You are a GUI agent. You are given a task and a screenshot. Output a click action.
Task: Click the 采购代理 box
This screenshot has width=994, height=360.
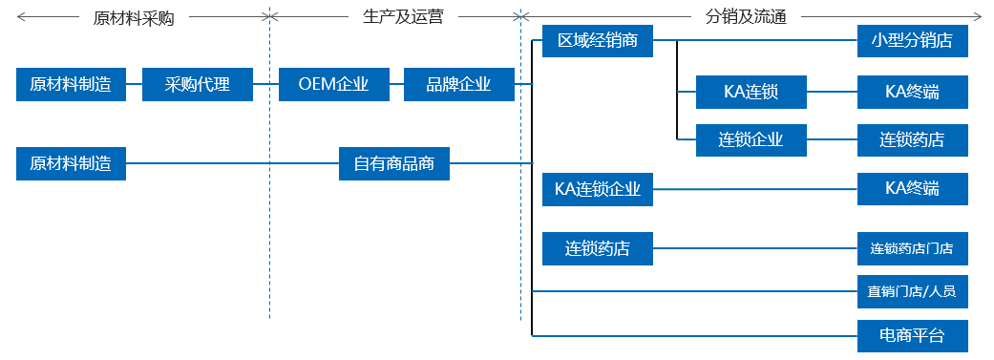[x=198, y=84]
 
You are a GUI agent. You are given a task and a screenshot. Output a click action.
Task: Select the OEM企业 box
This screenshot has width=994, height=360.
[x=333, y=84]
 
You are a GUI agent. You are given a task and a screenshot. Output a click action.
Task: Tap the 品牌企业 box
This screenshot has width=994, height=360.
[x=458, y=84]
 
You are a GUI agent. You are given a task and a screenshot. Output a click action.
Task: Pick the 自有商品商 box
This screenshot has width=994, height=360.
[x=393, y=163]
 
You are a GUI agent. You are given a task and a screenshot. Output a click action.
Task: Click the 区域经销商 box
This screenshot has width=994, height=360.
[x=597, y=41]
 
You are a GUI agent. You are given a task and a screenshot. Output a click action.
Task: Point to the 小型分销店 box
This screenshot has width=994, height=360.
[x=912, y=41]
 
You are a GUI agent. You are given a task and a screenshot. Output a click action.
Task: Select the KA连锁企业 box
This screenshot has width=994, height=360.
[x=597, y=189]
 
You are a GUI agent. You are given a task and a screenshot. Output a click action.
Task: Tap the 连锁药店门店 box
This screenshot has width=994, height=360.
[x=912, y=248]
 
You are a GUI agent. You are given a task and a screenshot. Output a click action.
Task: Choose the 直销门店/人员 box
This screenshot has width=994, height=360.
[x=912, y=291]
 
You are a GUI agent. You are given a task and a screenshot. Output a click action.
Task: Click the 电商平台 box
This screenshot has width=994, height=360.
[x=912, y=335]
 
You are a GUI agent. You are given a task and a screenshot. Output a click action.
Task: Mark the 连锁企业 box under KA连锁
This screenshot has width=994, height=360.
[x=751, y=139]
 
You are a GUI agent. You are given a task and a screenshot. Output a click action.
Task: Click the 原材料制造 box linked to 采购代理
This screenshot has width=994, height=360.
[x=71, y=84]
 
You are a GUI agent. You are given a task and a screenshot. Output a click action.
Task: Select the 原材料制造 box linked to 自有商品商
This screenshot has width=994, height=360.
[x=71, y=163]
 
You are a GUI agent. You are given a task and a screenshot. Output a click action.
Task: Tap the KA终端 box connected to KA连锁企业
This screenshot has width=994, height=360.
[x=912, y=189]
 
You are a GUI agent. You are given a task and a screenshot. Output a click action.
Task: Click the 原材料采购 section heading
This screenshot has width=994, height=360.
[x=134, y=18]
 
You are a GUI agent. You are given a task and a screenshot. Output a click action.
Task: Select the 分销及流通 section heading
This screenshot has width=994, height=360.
[x=745, y=17]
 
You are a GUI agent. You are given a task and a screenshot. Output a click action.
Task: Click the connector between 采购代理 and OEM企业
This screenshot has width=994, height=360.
[x=265, y=84]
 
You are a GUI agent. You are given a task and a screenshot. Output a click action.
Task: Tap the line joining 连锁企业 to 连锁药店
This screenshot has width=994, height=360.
[x=832, y=140]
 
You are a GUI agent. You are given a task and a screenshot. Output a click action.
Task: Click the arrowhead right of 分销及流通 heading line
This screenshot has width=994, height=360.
[x=977, y=17]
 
